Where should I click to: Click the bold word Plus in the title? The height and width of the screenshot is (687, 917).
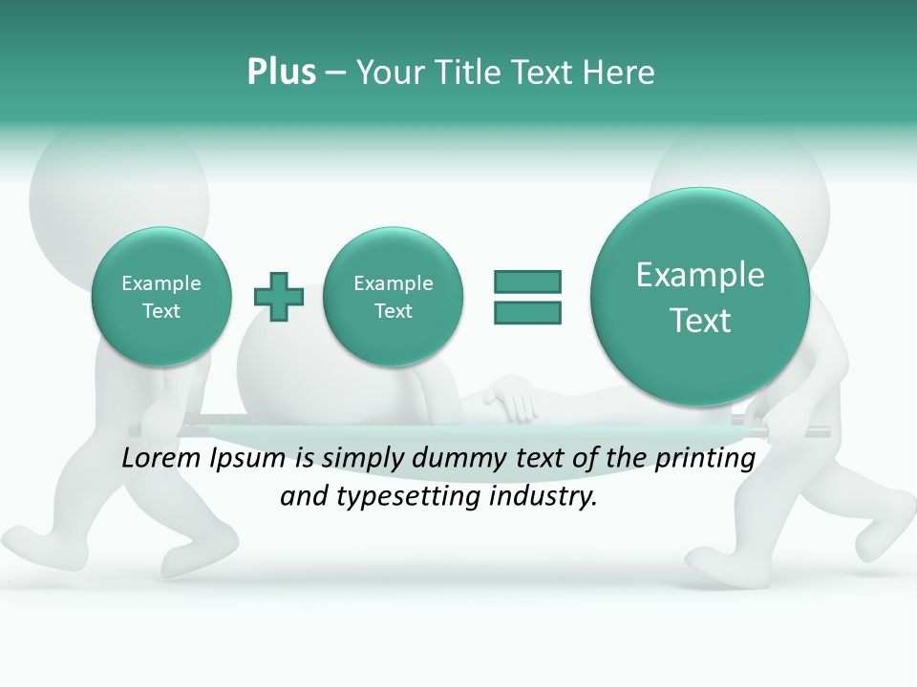point(281,73)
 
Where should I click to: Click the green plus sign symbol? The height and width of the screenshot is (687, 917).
point(279,297)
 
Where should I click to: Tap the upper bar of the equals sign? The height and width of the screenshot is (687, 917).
point(527,281)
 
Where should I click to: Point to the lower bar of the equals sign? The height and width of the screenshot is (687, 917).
point(527,312)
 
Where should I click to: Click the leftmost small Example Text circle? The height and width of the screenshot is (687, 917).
point(160,297)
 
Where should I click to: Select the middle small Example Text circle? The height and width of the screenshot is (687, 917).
point(393,297)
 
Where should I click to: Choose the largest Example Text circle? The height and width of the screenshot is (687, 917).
point(700,297)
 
